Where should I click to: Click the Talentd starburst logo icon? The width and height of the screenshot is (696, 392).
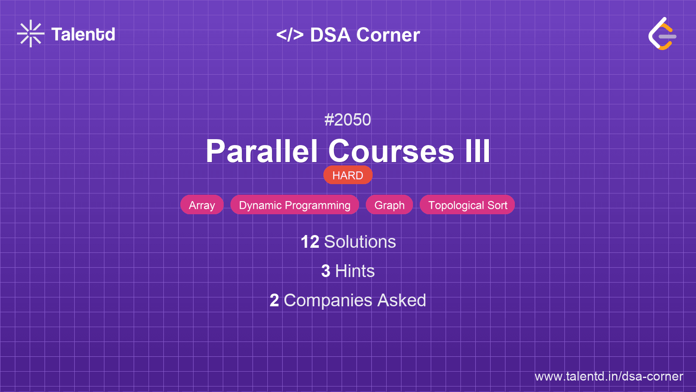point(31,34)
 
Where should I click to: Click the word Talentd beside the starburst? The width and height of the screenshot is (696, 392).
point(83,34)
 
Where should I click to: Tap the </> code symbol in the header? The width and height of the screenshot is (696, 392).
point(290,35)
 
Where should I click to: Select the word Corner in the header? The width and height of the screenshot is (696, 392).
point(388,35)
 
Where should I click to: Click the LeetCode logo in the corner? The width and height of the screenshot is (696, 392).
point(662,34)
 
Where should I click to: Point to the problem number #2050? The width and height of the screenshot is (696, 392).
point(348,120)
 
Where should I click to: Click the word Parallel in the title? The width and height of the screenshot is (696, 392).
point(262,151)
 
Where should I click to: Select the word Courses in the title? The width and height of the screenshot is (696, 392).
point(391,151)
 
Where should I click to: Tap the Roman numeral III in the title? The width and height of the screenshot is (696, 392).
point(477,151)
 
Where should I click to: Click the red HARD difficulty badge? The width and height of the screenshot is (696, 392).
point(348,175)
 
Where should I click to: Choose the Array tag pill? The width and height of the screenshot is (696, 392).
point(202,205)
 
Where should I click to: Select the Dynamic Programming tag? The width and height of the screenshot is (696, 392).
point(295,205)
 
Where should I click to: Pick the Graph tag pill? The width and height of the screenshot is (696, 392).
point(389,205)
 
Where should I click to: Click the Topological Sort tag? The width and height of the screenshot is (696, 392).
point(467,205)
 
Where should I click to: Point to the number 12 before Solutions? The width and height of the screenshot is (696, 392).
point(310,242)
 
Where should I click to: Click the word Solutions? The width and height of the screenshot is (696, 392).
point(360,242)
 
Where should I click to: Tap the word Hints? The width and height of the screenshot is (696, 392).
point(355,271)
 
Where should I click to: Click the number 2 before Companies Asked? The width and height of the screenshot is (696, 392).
point(274,300)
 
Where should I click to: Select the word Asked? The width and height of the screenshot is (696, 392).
point(401,300)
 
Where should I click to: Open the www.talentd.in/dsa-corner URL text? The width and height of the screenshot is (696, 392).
point(609,376)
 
